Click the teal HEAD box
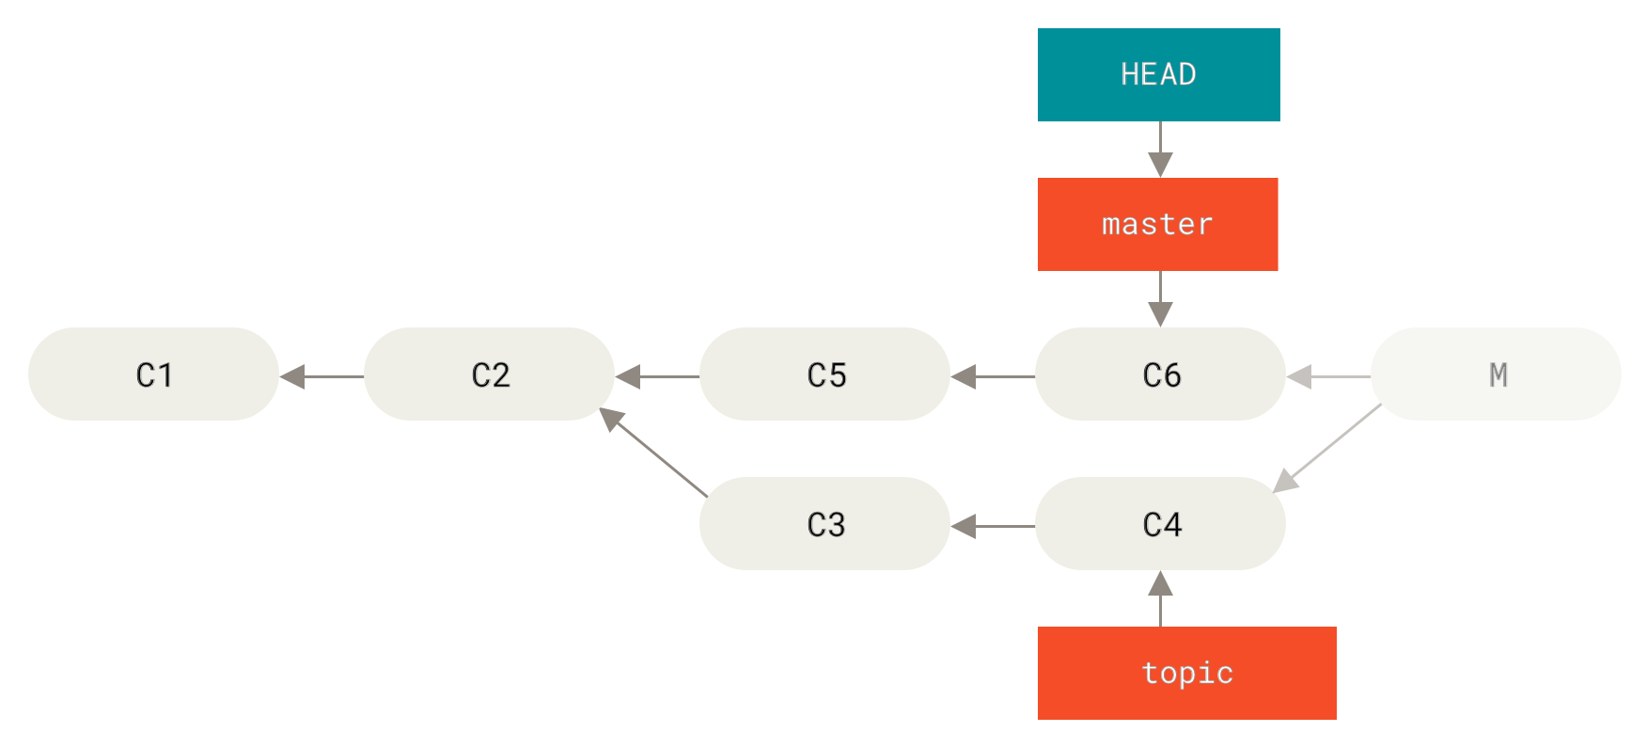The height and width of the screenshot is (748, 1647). [1158, 74]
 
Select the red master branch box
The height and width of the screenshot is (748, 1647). [1157, 224]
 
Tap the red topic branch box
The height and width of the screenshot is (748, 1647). [1186, 673]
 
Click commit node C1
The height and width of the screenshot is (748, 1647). [153, 374]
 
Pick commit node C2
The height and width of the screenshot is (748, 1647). [489, 374]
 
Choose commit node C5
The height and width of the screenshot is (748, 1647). [824, 374]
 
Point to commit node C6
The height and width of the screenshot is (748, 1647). [1160, 374]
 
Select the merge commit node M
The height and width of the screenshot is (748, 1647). [1496, 374]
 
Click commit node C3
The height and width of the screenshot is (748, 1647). [824, 523]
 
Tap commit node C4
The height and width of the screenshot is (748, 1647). [1160, 523]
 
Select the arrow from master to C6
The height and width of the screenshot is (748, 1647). [1160, 298]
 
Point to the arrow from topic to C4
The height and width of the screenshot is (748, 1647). [1160, 599]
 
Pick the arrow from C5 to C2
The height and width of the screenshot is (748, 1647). [657, 376]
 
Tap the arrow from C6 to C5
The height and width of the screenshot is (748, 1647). [993, 376]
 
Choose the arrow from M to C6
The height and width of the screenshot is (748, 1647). [1328, 376]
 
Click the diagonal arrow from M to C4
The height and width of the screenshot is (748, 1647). [1326, 448]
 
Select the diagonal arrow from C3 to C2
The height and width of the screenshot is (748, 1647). [654, 453]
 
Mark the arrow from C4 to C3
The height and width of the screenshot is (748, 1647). [993, 526]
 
